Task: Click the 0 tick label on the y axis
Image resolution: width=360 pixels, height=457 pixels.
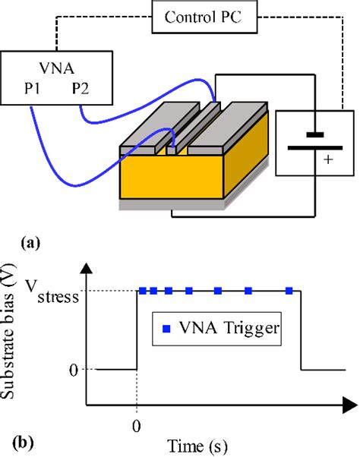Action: tap(74, 370)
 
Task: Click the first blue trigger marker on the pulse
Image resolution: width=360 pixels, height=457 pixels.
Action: tap(141, 290)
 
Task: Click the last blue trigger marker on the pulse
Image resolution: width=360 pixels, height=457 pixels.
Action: tap(289, 290)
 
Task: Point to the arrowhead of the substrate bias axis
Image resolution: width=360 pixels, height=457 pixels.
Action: tap(86, 266)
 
